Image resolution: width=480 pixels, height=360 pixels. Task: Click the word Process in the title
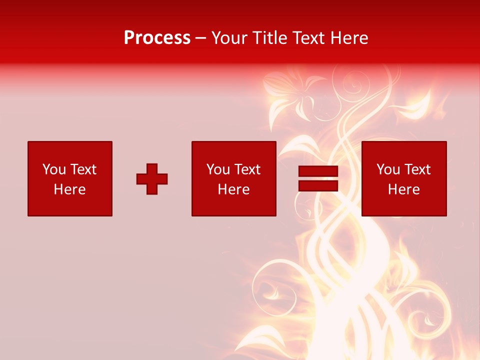[157, 38]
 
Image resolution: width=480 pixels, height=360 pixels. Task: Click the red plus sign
[152, 179]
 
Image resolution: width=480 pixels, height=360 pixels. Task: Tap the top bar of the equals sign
[318, 171]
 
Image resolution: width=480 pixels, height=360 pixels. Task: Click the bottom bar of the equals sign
[318, 186]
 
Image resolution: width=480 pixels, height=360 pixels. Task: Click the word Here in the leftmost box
[70, 189]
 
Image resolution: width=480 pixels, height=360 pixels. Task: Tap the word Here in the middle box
[234, 189]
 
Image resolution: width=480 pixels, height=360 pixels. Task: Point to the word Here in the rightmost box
[404, 189]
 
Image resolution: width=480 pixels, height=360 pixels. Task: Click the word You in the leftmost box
[54, 169]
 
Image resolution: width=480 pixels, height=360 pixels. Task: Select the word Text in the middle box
[247, 169]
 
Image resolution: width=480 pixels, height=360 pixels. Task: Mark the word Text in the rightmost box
[417, 169]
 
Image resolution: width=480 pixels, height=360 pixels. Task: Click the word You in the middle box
[218, 169]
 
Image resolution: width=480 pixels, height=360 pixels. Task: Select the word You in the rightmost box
[388, 169]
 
